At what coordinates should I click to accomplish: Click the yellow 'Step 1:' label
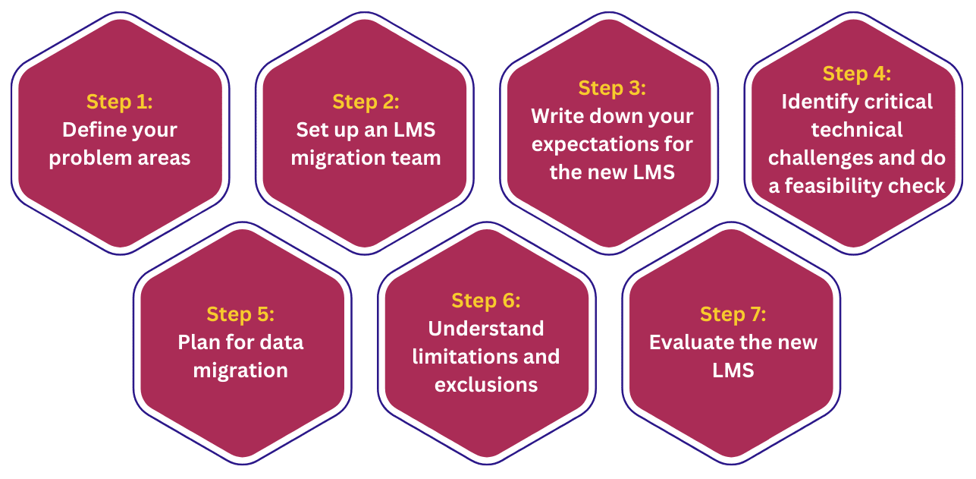(120, 102)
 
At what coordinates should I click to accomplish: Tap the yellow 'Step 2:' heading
(366, 102)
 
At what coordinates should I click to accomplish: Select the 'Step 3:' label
(612, 88)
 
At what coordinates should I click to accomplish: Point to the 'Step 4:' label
(857, 74)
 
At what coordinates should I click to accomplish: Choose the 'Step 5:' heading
(240, 314)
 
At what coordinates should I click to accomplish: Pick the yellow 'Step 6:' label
(486, 301)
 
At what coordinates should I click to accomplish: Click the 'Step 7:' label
(733, 314)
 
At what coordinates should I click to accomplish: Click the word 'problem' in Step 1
(87, 158)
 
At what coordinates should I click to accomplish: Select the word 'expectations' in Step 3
(595, 144)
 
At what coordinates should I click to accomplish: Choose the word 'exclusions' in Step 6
(486, 385)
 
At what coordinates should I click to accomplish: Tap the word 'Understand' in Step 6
(486, 329)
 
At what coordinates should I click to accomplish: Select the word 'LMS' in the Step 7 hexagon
(733, 370)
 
